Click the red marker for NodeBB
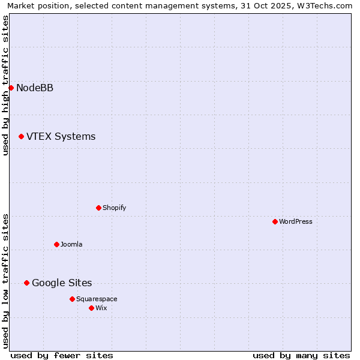[11, 88]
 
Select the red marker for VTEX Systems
[21, 137]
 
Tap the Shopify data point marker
[98, 208]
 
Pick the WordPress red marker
[275, 222]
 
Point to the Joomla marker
[56, 245]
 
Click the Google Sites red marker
[26, 283]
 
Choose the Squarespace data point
[72, 299]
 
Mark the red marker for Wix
[91, 308]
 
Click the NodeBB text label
[35, 88]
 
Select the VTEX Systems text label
[61, 137]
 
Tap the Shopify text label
[114, 208]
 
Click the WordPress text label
[296, 222]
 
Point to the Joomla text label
[71, 245]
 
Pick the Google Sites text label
[62, 283]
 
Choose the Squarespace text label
[97, 299]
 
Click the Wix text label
[101, 308]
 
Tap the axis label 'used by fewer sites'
[62, 355]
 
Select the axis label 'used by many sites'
[301, 355]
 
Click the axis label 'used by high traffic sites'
[6, 85]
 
